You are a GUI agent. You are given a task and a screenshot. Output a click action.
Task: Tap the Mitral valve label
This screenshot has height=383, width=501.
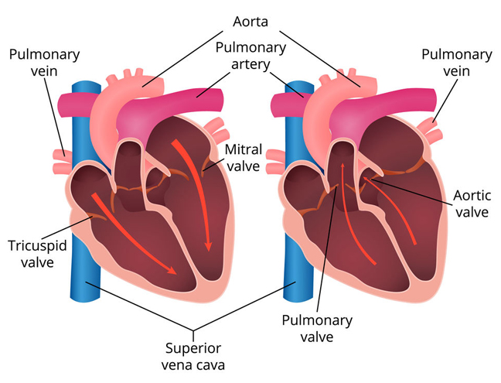coord(244,158)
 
